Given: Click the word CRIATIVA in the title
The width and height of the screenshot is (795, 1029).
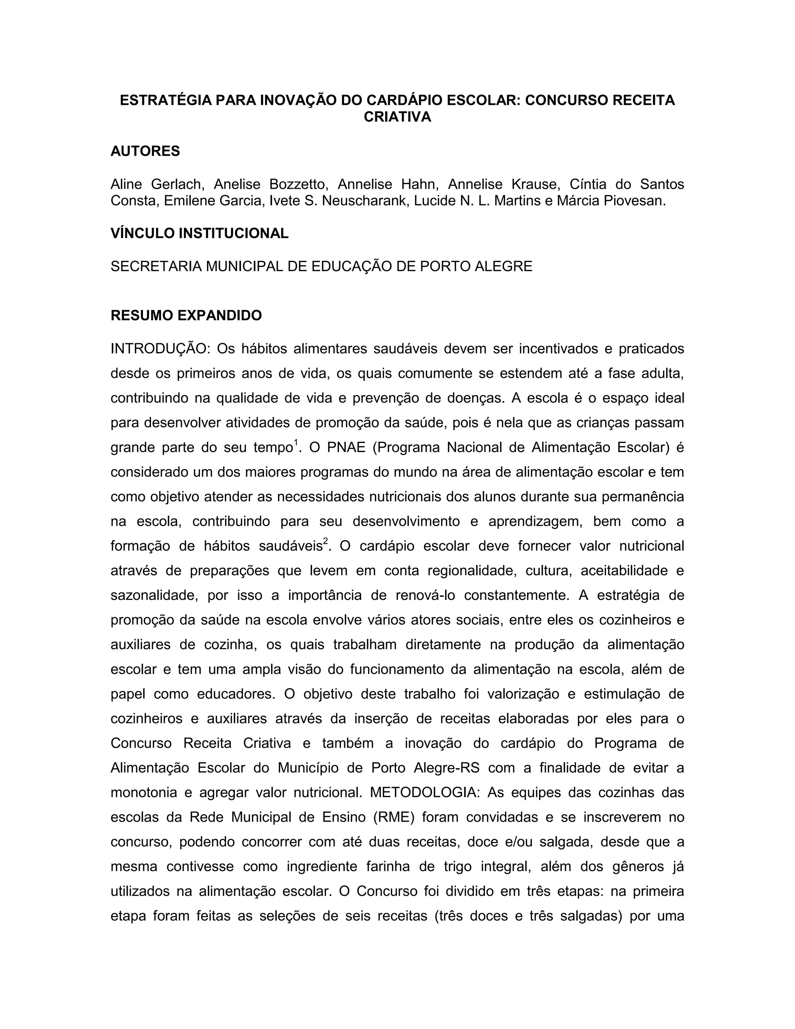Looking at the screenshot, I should tap(397, 117).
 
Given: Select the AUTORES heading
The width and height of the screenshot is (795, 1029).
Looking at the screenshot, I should tap(145, 151).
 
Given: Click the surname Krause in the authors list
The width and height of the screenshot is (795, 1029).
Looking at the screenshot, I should tap(534, 184).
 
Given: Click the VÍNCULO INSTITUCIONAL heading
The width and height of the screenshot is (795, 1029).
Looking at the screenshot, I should tap(199, 233).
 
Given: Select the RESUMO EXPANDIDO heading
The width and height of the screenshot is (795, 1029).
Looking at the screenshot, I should tap(186, 315).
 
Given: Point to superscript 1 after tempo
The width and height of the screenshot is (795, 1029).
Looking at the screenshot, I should tap(296, 442).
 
